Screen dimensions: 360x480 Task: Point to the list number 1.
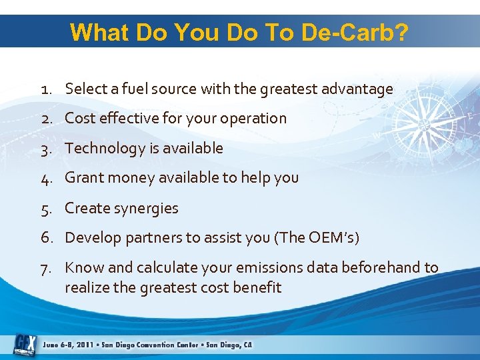click(45, 89)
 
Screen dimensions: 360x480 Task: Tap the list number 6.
click(47, 237)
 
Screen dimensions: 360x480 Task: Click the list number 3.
click(46, 148)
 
